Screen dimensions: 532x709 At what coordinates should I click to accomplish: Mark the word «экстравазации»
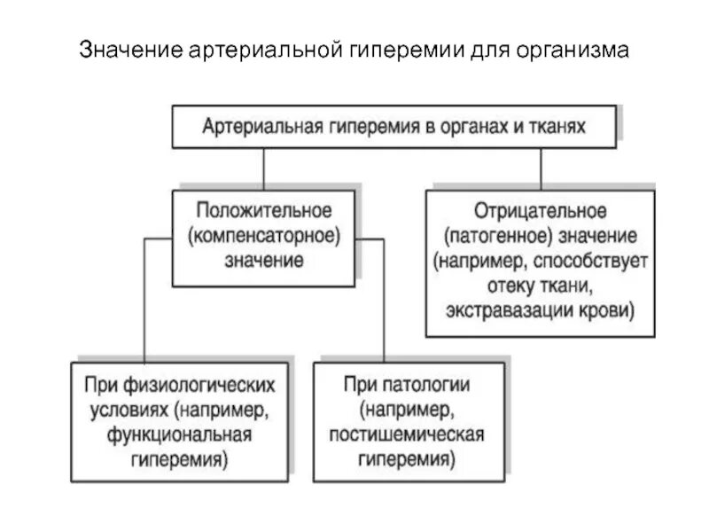click(x=499, y=311)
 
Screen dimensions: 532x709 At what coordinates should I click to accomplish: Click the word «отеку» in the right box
click(x=508, y=286)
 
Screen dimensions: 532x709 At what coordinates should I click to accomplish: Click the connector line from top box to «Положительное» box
click(x=263, y=168)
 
